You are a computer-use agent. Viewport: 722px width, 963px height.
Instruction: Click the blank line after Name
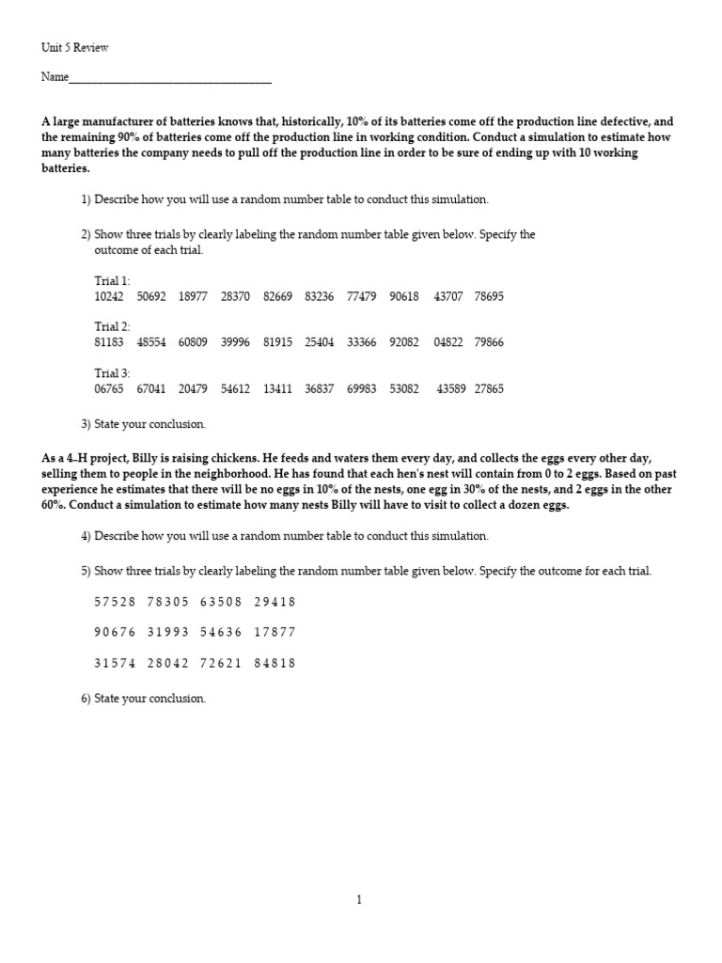coord(170,78)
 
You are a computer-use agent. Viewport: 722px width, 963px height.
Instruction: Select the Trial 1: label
coord(112,281)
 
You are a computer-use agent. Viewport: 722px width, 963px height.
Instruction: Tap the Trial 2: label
coord(112,327)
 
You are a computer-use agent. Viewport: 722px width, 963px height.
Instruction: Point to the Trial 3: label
coord(112,373)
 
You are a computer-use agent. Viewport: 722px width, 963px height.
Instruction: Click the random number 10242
coord(109,296)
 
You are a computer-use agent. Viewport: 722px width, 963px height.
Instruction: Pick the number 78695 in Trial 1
coord(489,296)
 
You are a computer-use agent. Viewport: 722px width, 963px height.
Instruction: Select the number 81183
coord(109,342)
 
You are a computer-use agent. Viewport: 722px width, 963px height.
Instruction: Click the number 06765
coord(109,388)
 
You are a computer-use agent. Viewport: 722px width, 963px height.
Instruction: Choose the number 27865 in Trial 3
coord(489,388)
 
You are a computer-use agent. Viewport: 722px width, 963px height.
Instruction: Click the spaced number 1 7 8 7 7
coord(275,632)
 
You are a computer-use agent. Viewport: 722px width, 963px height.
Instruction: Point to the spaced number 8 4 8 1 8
coord(275,663)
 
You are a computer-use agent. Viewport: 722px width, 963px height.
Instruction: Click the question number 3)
coord(86,424)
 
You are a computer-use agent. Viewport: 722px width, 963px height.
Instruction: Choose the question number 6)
coord(86,699)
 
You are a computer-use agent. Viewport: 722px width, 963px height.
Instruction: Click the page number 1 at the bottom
coord(359,900)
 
